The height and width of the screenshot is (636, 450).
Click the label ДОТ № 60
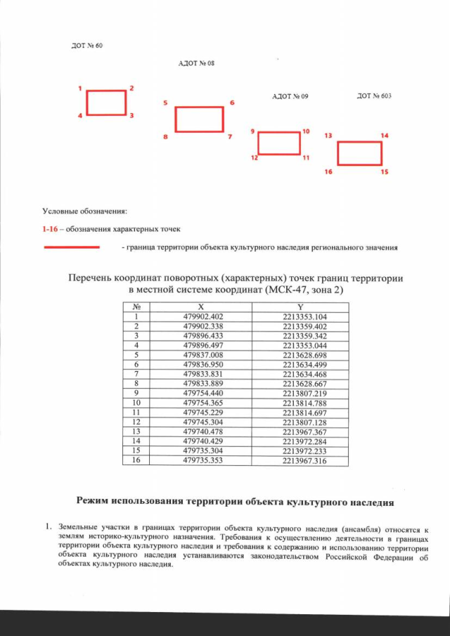[89, 46]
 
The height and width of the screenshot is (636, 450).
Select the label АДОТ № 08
[196, 63]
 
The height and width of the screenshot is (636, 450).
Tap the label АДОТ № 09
[290, 95]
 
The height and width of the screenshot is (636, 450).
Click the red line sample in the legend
[72, 247]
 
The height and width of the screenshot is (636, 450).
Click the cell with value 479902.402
[202, 317]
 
